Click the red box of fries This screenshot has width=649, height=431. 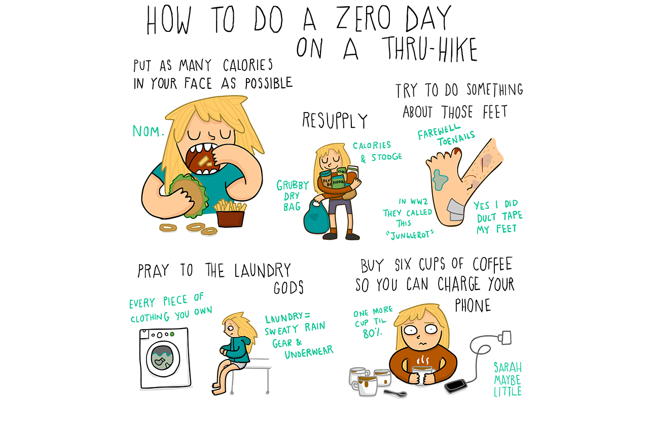point(231,219)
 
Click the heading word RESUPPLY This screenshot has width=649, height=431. point(335,121)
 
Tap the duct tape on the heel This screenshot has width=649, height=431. point(456,210)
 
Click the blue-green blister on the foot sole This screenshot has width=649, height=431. point(440,179)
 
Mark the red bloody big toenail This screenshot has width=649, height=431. point(457,151)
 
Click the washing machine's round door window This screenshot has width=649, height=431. point(163,359)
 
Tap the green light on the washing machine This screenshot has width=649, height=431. point(172,334)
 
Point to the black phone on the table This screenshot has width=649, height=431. point(456,386)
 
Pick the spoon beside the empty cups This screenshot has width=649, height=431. point(395,393)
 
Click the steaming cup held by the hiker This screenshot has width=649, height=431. point(423,375)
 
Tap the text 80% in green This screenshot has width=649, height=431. point(373,334)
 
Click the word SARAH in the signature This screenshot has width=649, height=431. point(508,368)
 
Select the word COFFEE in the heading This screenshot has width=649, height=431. point(492,264)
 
